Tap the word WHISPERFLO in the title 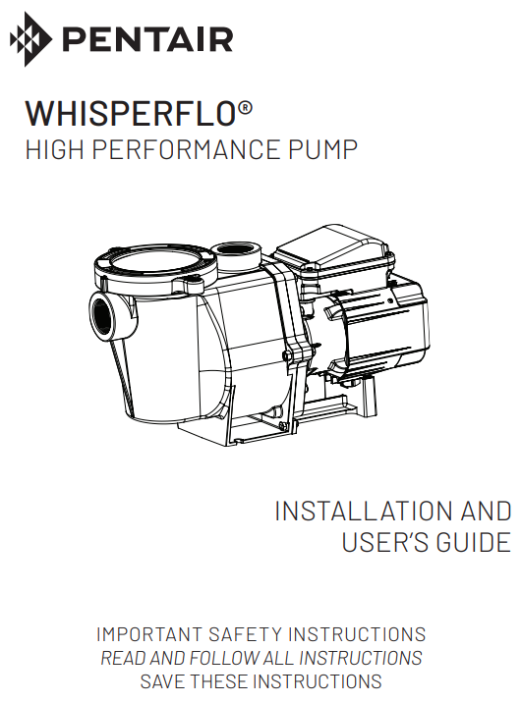click(x=129, y=113)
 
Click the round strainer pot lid click(x=147, y=266)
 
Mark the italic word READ click(x=122, y=658)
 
